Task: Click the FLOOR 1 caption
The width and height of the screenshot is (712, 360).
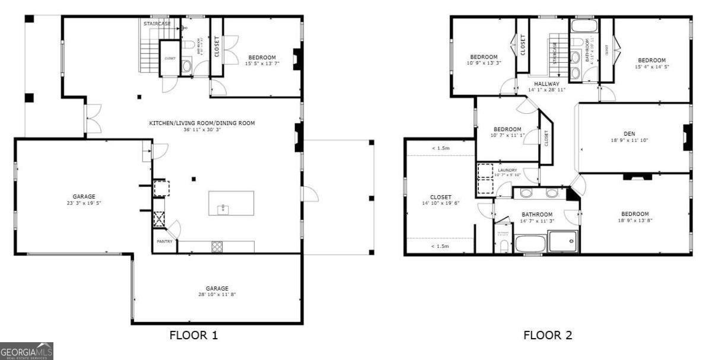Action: pos(193,336)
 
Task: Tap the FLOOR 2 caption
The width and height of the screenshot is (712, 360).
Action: pos(548,336)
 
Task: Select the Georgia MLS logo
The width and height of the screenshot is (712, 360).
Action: pos(27,351)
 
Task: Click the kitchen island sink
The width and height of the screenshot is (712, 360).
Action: pos(224,208)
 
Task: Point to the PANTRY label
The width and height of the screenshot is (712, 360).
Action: pos(164,242)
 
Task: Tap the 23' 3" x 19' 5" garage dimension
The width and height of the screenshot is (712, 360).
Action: pos(84,203)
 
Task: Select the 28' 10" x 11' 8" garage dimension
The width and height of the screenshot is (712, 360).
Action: pos(217,295)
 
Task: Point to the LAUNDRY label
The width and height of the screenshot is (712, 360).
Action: pos(507,170)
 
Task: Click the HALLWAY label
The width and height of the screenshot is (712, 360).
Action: pos(546,84)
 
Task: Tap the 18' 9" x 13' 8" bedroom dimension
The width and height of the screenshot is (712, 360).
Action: pos(635,221)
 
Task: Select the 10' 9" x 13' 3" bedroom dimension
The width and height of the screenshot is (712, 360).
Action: pos(484,63)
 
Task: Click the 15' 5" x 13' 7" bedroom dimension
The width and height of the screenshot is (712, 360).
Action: pos(262,63)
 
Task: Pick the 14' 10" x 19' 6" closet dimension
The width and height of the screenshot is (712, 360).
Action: pos(440,203)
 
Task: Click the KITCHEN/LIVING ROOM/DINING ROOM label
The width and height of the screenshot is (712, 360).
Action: pos(202,123)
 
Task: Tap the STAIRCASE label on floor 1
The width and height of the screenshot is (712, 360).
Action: pos(157,23)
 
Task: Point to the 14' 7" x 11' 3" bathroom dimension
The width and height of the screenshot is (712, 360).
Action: pos(537,221)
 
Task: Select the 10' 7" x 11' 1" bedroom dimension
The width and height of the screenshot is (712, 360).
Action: pos(507,135)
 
